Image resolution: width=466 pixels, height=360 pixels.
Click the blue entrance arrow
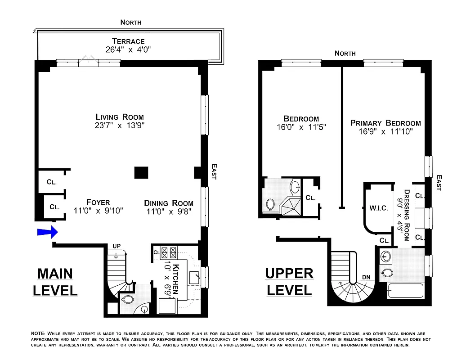[x=48, y=232]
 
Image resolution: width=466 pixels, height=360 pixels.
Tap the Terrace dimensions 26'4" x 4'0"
[x=128, y=50]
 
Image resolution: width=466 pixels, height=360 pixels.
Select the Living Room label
[x=120, y=117]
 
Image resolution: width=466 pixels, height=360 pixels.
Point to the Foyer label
[x=98, y=202]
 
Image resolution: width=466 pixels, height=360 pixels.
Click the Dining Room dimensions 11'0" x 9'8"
[x=169, y=211]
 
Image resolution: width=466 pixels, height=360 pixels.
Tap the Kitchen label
[x=175, y=278]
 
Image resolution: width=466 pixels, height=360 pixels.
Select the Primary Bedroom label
[x=385, y=123]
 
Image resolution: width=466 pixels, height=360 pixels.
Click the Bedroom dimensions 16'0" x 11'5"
[x=301, y=127]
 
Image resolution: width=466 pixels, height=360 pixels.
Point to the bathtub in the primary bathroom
[x=404, y=291]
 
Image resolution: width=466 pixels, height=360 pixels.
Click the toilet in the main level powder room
[x=127, y=299]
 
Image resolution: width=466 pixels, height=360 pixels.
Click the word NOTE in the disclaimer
[x=38, y=333]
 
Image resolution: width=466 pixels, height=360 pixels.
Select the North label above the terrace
[x=131, y=22]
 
